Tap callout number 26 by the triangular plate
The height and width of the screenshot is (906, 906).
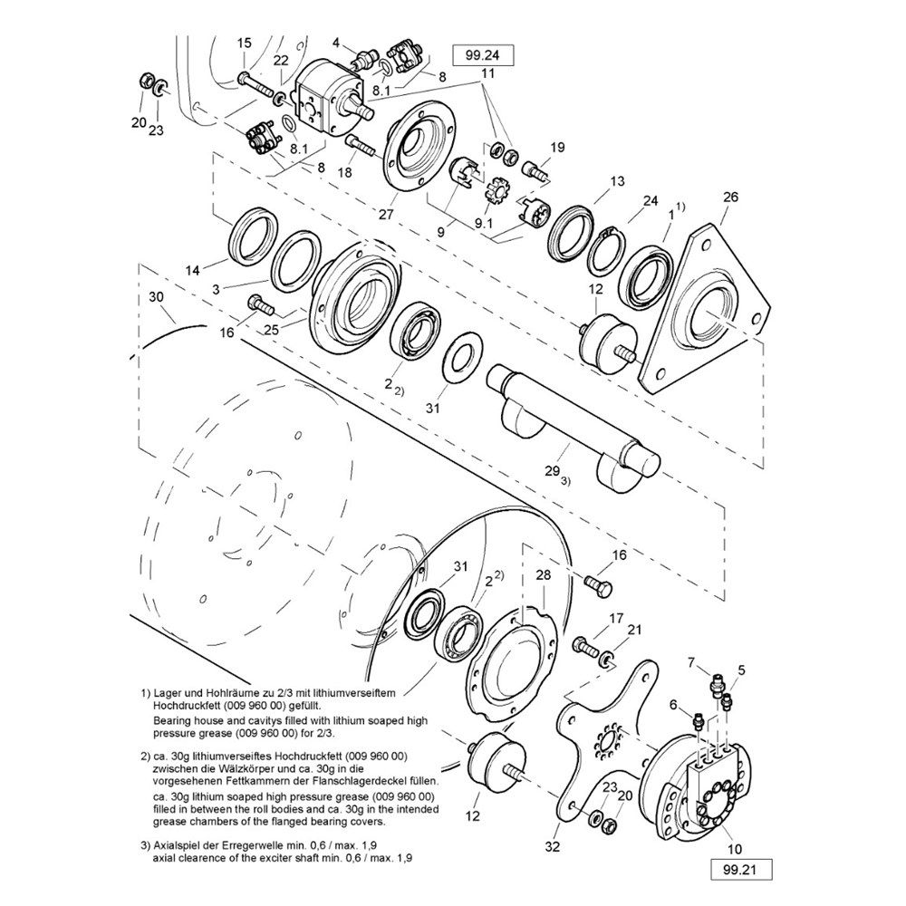731,197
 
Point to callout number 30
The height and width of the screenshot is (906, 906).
156,296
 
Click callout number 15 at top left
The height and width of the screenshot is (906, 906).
244,43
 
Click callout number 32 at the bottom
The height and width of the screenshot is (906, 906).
553,847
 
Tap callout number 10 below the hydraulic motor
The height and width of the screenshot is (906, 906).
735,849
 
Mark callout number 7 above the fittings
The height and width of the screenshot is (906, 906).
692,662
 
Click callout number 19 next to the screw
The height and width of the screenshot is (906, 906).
557,148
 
